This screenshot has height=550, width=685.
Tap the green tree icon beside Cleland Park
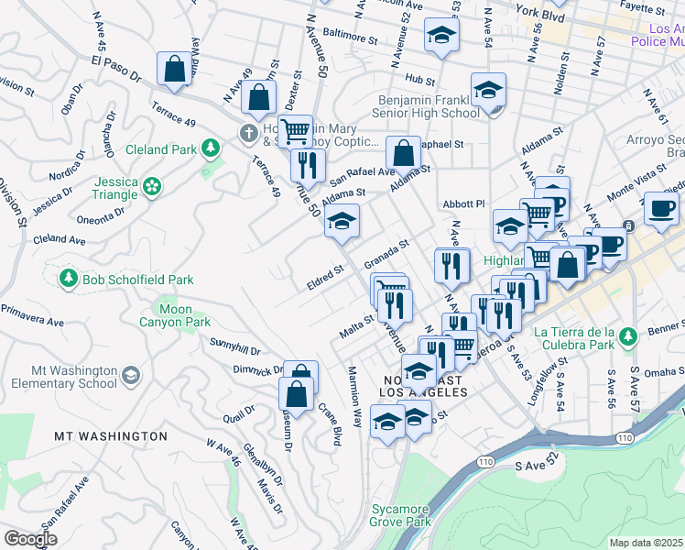point(212,148)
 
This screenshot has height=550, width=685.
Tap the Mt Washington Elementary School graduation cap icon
point(131,376)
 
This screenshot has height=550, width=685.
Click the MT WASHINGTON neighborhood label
point(111,436)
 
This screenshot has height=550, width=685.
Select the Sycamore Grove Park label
point(400,515)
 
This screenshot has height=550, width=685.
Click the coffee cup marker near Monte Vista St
point(661,207)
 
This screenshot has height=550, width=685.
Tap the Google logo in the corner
point(31,539)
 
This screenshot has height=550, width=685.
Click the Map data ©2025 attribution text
point(646,543)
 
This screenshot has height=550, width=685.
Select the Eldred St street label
point(324,276)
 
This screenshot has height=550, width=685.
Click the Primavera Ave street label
point(31,315)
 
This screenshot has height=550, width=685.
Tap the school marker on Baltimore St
point(441,36)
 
